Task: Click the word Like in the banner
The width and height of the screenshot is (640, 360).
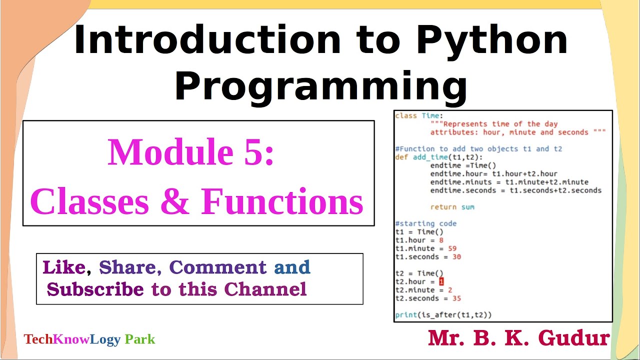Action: pyautogui.click(x=64, y=267)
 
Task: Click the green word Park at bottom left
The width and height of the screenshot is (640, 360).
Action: pyautogui.click(x=140, y=339)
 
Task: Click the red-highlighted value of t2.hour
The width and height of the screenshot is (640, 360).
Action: pyautogui.click(x=441, y=282)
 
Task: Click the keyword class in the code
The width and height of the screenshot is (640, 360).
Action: pyautogui.click(x=406, y=116)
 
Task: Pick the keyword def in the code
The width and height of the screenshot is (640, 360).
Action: pyautogui.click(x=401, y=157)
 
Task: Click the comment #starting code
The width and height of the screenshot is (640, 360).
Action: pyautogui.click(x=425, y=223)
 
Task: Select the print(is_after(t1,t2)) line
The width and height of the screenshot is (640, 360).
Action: pyautogui.click(x=443, y=315)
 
